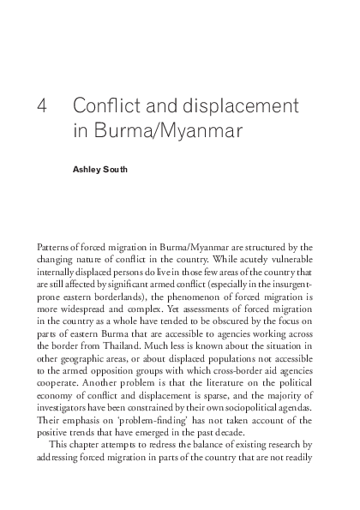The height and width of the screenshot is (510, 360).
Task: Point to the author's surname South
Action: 114,170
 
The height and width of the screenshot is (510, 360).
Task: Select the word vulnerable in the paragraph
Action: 292,258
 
